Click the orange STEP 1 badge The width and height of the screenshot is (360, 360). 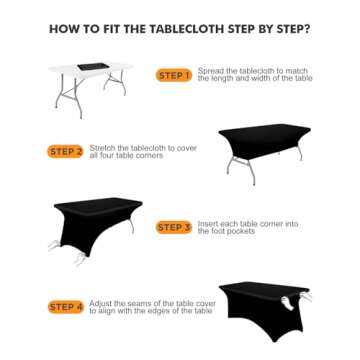tap(173, 76)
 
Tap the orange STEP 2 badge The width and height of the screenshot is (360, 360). tap(65, 152)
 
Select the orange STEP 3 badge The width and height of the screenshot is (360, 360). tap(173, 228)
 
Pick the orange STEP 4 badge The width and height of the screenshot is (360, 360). tap(65, 306)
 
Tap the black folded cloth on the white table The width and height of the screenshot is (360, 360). tap(100, 67)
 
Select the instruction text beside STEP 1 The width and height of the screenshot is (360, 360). tap(254, 75)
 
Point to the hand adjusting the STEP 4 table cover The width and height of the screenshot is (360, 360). tap(292, 297)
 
